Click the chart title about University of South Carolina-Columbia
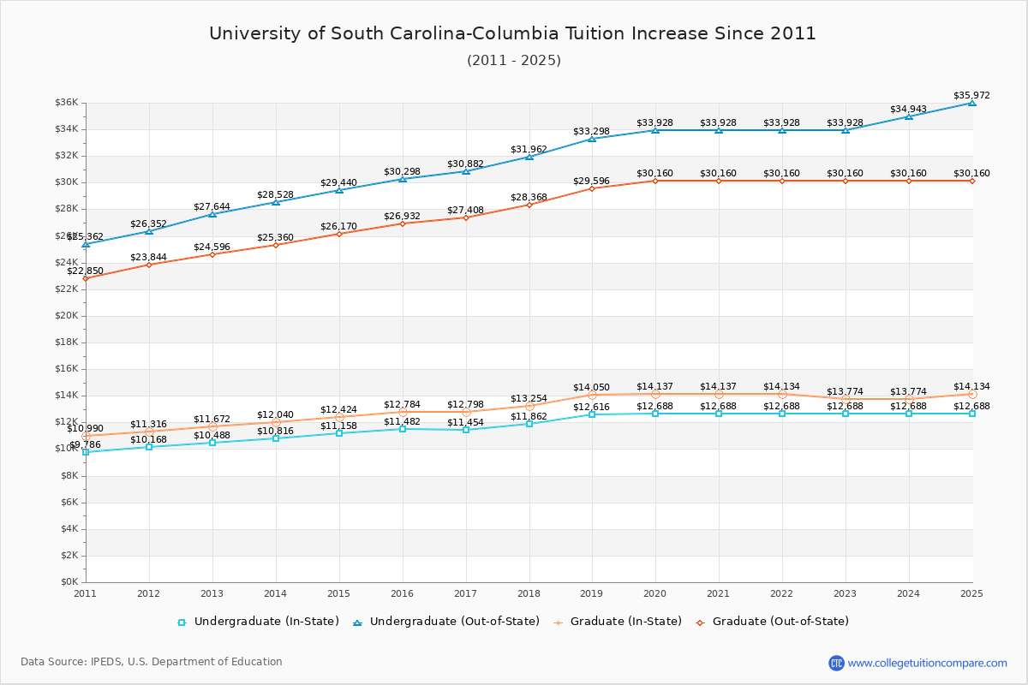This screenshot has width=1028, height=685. point(512,33)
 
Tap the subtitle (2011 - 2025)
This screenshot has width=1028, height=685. point(513,60)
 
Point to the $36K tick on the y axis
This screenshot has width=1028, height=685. point(67,103)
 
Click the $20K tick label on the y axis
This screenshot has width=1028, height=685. point(67,316)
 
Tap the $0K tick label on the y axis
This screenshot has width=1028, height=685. point(69,582)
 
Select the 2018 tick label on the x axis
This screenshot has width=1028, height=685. point(529,593)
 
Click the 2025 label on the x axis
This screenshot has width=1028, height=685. point(971,593)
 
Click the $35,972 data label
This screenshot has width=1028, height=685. point(971,95)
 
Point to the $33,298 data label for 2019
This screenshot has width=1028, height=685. point(591,131)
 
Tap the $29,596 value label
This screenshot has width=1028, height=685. point(591,181)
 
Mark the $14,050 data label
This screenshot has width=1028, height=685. point(591,387)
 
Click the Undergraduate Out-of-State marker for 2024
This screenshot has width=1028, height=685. point(909,116)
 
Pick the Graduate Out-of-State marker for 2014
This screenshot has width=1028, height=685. point(276,245)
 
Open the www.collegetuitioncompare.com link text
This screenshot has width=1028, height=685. point(927,663)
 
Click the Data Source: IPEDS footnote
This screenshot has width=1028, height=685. point(152,662)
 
